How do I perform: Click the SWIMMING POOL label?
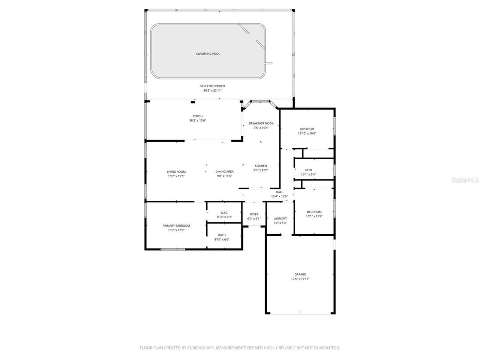208,54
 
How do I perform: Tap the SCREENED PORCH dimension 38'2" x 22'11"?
212,90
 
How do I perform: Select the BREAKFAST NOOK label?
261,123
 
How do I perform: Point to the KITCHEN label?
261,166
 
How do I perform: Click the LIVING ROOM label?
176,172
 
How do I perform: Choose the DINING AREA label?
224,172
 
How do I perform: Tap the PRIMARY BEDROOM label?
176,226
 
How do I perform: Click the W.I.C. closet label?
224,213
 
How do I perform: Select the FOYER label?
254,214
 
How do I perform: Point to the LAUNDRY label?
280,219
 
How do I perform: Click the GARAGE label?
300,274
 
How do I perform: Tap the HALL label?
279,192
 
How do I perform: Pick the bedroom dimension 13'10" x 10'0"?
307,133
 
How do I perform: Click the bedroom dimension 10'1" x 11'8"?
314,216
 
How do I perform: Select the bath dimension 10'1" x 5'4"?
308,174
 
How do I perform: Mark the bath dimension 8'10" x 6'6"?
222,240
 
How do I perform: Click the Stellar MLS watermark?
465,180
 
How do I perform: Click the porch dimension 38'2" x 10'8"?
198,121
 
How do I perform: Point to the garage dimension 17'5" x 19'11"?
300,279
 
